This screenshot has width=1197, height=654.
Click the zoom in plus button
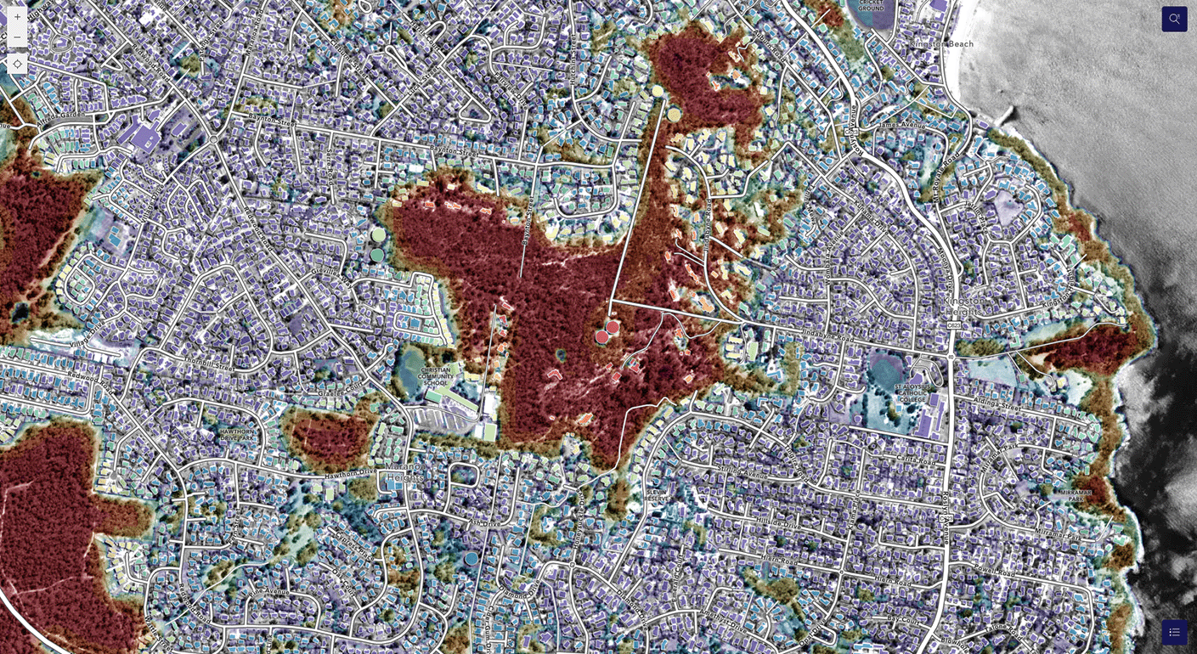tap(17, 17)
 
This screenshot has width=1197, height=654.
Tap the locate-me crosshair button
tap(17, 64)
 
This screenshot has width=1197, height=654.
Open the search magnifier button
tap(1174, 19)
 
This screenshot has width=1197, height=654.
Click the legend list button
tap(1174, 632)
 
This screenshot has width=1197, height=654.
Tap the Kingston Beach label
tap(941, 44)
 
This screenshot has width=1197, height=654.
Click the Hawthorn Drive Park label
tap(237, 434)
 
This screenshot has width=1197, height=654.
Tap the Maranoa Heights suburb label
tap(405, 472)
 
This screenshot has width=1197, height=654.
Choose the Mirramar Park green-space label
tap(1075, 495)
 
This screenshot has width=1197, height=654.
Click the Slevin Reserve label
tap(657, 494)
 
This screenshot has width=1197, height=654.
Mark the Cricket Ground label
tap(871, 5)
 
